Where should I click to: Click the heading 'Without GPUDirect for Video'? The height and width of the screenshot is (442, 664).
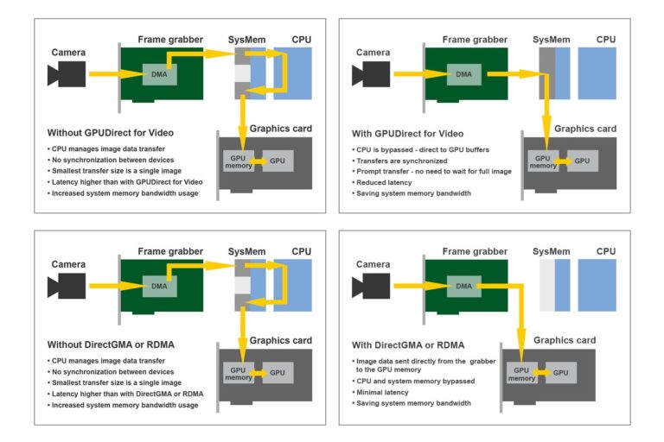tap(111, 133)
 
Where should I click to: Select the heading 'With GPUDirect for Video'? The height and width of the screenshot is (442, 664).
tap(409, 134)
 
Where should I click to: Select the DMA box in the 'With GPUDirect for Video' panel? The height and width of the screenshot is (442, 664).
tap(464, 74)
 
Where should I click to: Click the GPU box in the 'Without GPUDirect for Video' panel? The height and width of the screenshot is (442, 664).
tap(278, 161)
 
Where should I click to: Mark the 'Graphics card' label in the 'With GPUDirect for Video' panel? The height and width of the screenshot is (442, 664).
tap(585, 129)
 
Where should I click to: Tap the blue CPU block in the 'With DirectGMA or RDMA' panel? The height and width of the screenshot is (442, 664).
tap(597, 285)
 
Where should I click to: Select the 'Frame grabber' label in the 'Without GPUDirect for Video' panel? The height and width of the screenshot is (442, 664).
tap(169, 40)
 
